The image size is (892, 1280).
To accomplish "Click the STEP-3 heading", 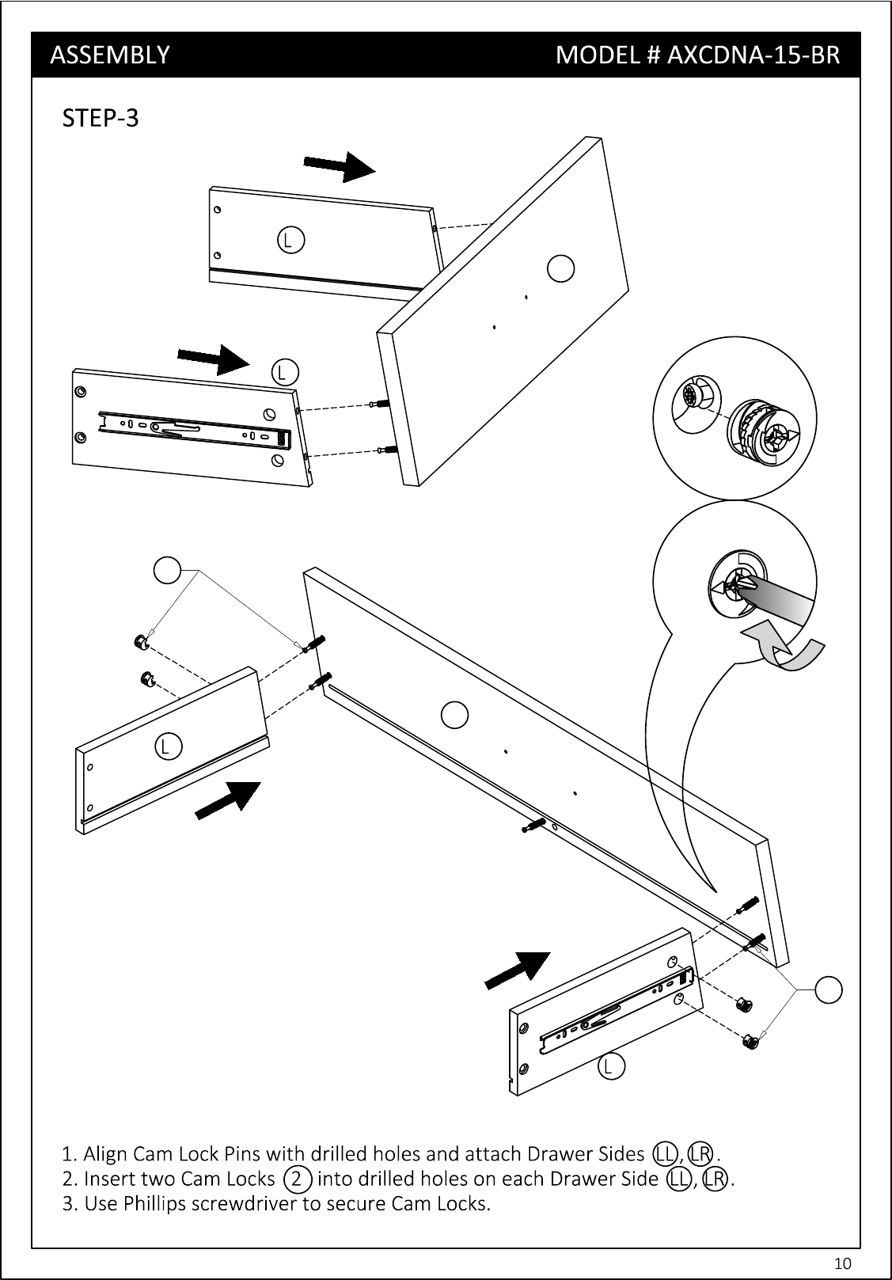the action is tap(100, 118).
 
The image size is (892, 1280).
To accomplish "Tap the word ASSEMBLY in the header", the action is tap(110, 55).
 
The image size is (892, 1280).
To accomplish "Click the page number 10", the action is tap(842, 1263).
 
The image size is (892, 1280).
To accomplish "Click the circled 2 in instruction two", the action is tap(297, 1179).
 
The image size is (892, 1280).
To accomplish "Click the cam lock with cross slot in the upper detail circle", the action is tap(762, 432).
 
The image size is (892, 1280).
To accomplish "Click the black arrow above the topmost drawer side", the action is tap(340, 166).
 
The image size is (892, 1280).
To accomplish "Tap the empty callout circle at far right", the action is tap(828, 989).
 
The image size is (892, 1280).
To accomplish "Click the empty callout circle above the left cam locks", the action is tap(168, 570).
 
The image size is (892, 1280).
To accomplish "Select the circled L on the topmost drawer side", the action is tap(290, 240).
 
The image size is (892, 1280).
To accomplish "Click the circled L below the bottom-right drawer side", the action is tap(612, 1066).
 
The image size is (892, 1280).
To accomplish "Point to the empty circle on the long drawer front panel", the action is tap(455, 715).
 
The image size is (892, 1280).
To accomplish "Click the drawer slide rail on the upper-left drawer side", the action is tap(195, 430).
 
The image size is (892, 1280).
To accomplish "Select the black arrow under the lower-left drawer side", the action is tap(227, 800).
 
